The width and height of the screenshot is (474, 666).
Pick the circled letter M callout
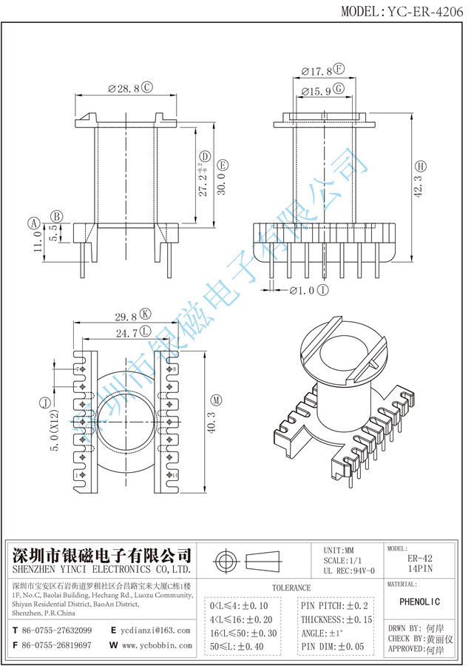215,400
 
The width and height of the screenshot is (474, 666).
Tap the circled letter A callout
33,222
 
